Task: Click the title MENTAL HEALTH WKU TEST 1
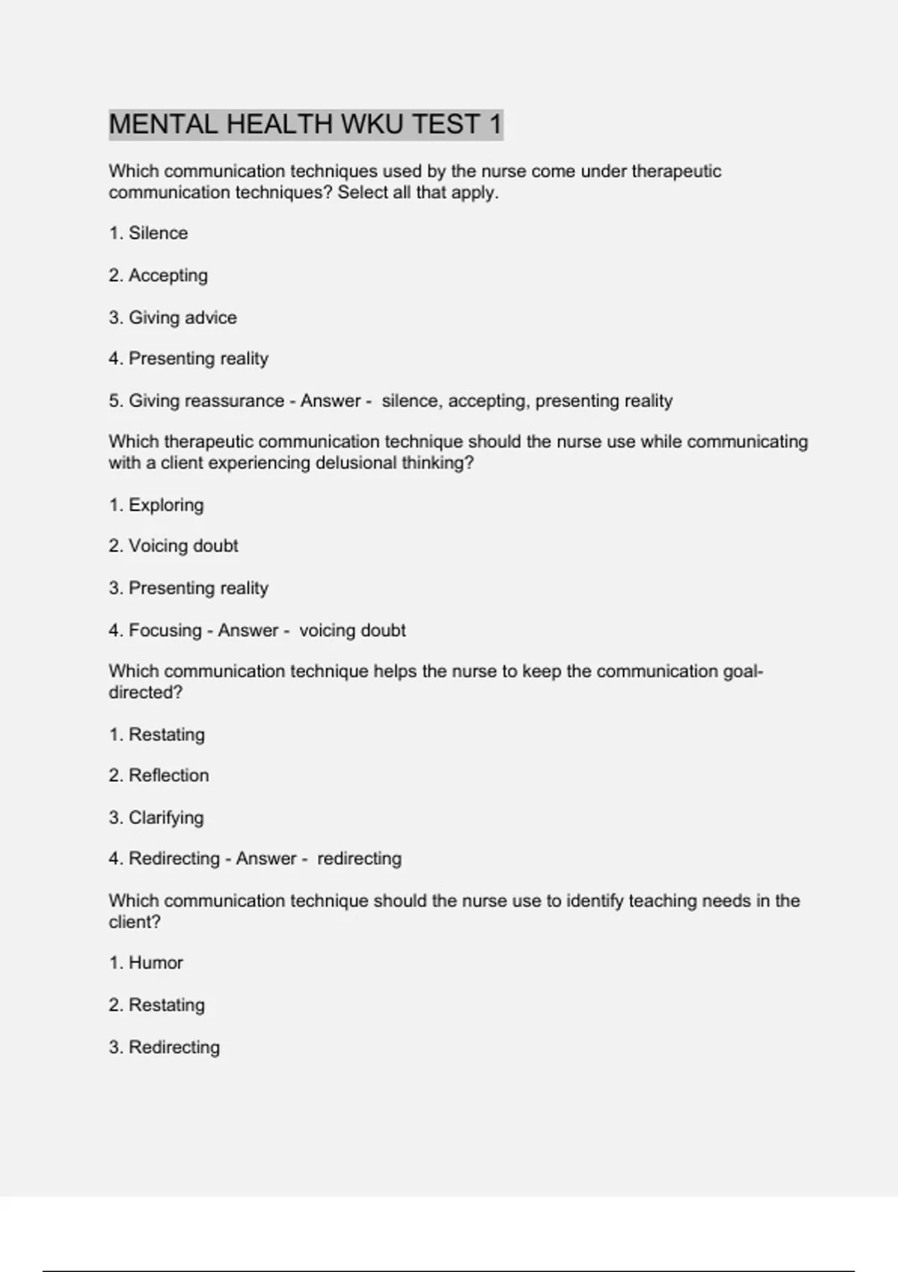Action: tap(305, 124)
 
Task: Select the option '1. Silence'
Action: tap(148, 233)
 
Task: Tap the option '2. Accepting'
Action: tap(158, 275)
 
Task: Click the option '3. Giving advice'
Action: tap(172, 317)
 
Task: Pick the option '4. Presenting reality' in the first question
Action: tap(188, 358)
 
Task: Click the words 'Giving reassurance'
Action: tap(206, 401)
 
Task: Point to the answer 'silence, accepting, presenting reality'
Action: tap(527, 401)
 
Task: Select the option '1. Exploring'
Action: tap(156, 505)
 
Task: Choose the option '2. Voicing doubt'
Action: tap(173, 546)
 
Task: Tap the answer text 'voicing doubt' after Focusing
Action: tap(352, 631)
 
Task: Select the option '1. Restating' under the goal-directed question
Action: tap(156, 735)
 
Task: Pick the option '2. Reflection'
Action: tap(159, 776)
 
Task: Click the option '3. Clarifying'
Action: tap(156, 818)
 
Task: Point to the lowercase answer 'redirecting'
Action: tap(359, 859)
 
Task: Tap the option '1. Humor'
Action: tap(146, 963)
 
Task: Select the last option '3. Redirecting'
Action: tap(164, 1048)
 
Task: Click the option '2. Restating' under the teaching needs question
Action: tap(156, 1005)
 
